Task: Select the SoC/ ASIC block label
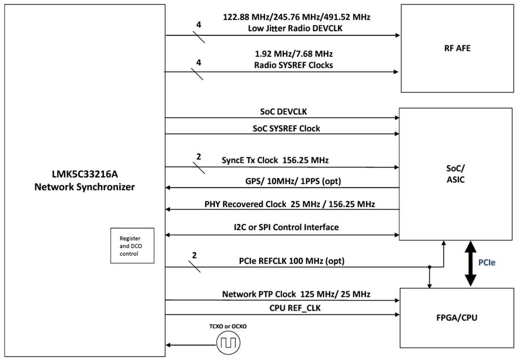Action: click(454, 174)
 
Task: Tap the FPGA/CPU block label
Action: click(456, 318)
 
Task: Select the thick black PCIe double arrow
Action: click(470, 263)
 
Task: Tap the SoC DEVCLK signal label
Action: click(282, 112)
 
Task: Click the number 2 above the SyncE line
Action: click(198, 156)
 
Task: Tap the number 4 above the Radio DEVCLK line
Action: click(199, 25)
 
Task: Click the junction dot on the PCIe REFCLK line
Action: click(429, 267)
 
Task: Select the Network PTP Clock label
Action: click(296, 294)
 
